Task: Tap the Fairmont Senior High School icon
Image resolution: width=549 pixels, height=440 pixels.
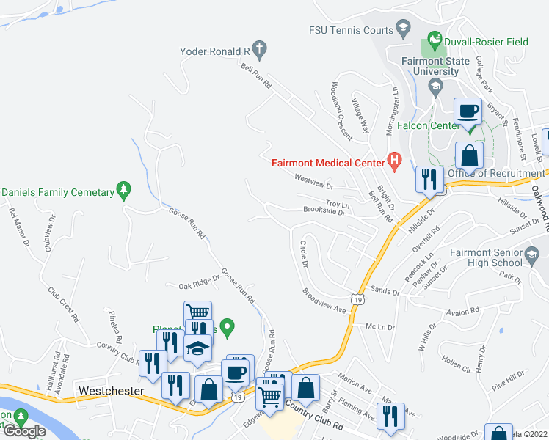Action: pos(533,254)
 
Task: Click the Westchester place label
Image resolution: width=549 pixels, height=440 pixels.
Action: pos(111,391)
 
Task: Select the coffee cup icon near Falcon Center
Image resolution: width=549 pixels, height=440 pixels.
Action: pos(468,112)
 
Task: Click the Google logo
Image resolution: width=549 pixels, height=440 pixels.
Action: pos(24,430)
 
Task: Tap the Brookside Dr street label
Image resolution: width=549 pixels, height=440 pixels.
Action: pos(324,211)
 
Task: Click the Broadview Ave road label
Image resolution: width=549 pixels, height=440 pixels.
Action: pos(324,301)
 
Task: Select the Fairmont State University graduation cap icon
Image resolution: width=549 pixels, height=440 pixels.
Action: pos(435,87)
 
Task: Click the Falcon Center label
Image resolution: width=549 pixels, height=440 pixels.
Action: pos(429,125)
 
